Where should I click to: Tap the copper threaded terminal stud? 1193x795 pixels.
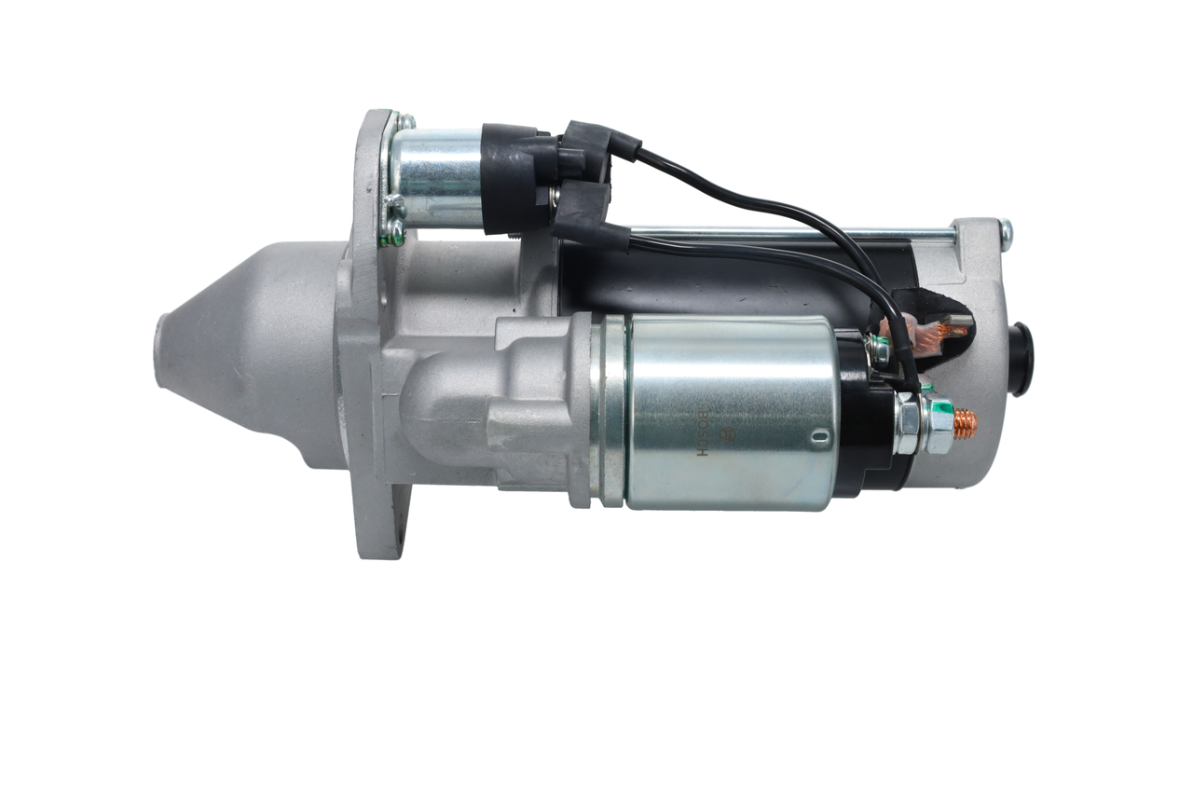[x=965, y=424]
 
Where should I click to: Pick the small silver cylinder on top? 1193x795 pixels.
[x=435, y=177]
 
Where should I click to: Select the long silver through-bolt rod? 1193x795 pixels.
[x=792, y=235]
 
